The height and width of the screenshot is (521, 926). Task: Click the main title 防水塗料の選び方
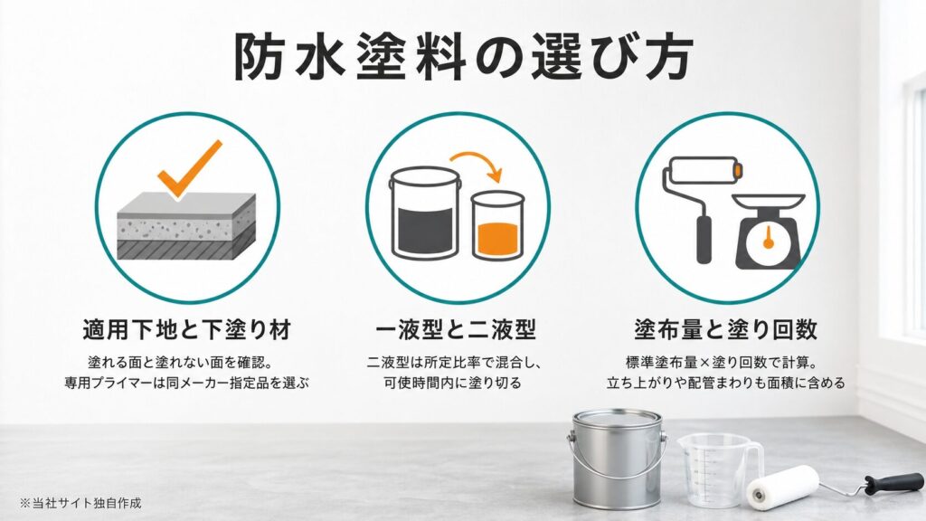tap(463, 57)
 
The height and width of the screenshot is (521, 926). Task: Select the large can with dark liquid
tap(425, 213)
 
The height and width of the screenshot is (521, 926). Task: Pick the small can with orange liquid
tap(498, 225)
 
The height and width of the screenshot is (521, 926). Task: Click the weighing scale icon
tap(769, 231)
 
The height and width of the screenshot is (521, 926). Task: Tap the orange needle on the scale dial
tap(769, 237)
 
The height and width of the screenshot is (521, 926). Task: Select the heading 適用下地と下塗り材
tap(187, 329)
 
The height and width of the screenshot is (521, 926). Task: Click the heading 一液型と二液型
tap(456, 329)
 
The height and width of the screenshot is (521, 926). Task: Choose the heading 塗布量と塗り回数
tap(726, 329)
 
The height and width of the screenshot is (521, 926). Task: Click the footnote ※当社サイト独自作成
tap(80, 503)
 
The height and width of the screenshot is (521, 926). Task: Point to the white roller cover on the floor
tap(783, 488)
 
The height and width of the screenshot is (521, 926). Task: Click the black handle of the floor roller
tap(893, 484)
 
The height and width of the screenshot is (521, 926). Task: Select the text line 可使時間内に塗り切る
tap(453, 383)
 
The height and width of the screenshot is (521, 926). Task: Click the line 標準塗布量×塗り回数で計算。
tap(726, 362)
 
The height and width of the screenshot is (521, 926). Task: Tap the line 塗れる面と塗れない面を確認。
tap(180, 362)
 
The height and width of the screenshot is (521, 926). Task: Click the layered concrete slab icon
tap(186, 225)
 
